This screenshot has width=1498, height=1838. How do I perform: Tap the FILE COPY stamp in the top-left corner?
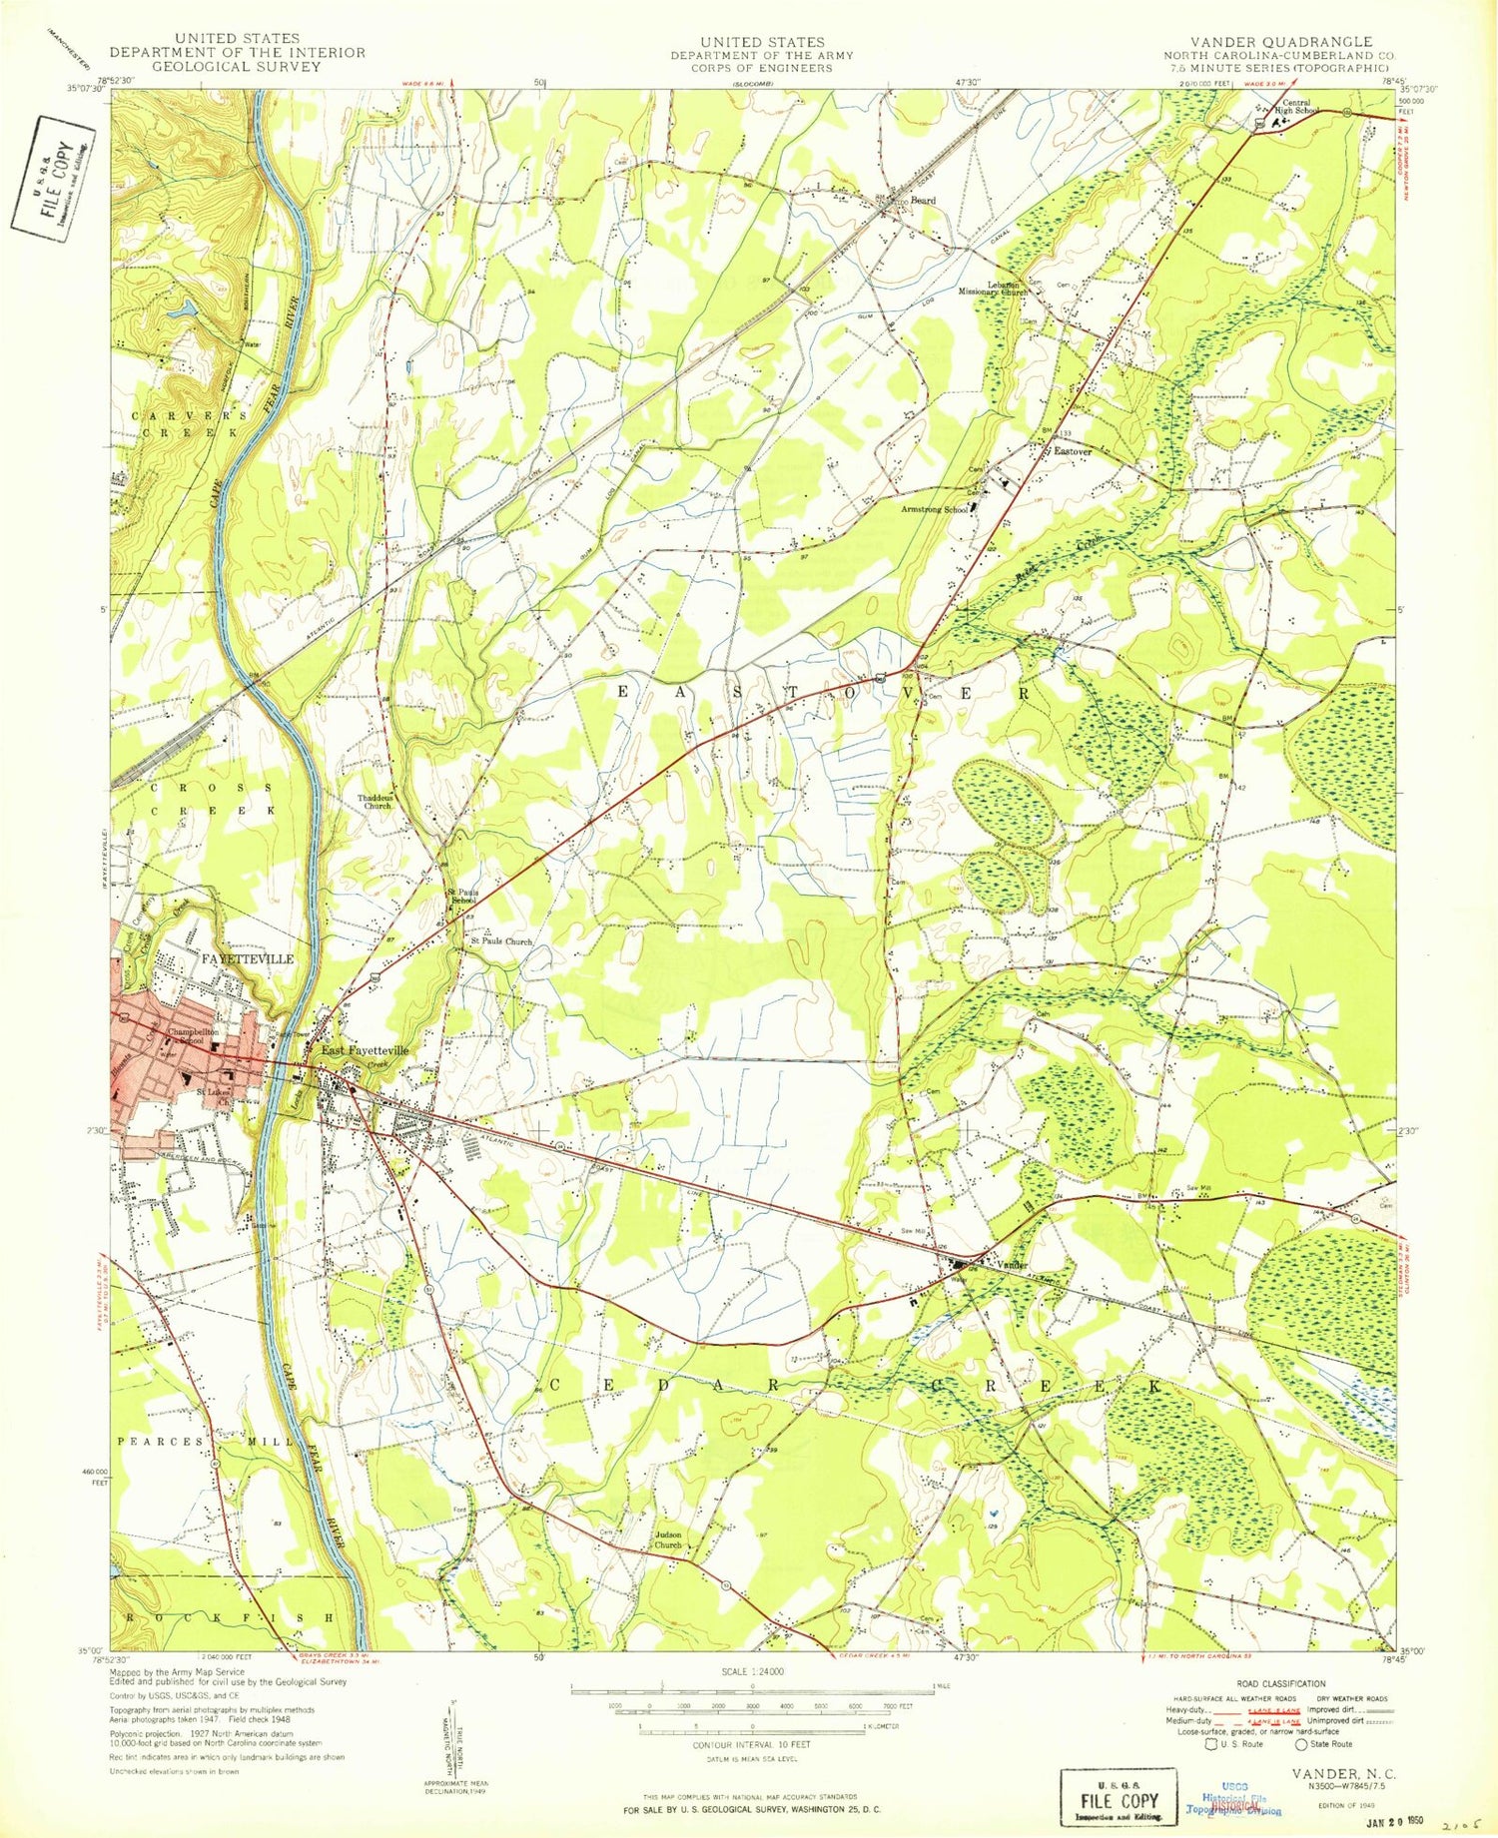click(54, 174)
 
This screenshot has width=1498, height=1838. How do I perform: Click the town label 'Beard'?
click(922, 201)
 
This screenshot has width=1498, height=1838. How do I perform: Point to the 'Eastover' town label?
click(1074, 451)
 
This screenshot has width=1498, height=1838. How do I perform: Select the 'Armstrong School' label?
click(935, 509)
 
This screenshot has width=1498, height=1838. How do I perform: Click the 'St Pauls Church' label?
click(502, 941)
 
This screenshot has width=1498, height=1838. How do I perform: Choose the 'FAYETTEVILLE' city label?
click(248, 958)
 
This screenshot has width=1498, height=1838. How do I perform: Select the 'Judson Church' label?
click(667, 1539)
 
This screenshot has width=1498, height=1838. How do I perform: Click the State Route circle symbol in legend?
click(1301, 1744)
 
